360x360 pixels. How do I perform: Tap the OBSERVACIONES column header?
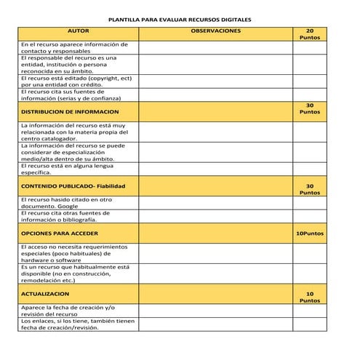[x=215, y=31]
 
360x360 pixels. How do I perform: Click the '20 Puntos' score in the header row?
[x=310, y=34]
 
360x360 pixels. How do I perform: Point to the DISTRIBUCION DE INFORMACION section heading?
[x=69, y=112]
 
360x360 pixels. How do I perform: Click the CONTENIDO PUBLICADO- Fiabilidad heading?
[x=73, y=186]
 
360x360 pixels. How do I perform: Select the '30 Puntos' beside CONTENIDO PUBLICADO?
[x=310, y=189]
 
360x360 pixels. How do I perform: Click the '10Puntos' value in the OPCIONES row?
[x=310, y=234]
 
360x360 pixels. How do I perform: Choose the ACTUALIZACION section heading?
[x=45, y=294]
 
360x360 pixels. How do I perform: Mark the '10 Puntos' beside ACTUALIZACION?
[x=310, y=297]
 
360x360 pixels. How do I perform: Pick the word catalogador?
[x=60, y=138]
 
